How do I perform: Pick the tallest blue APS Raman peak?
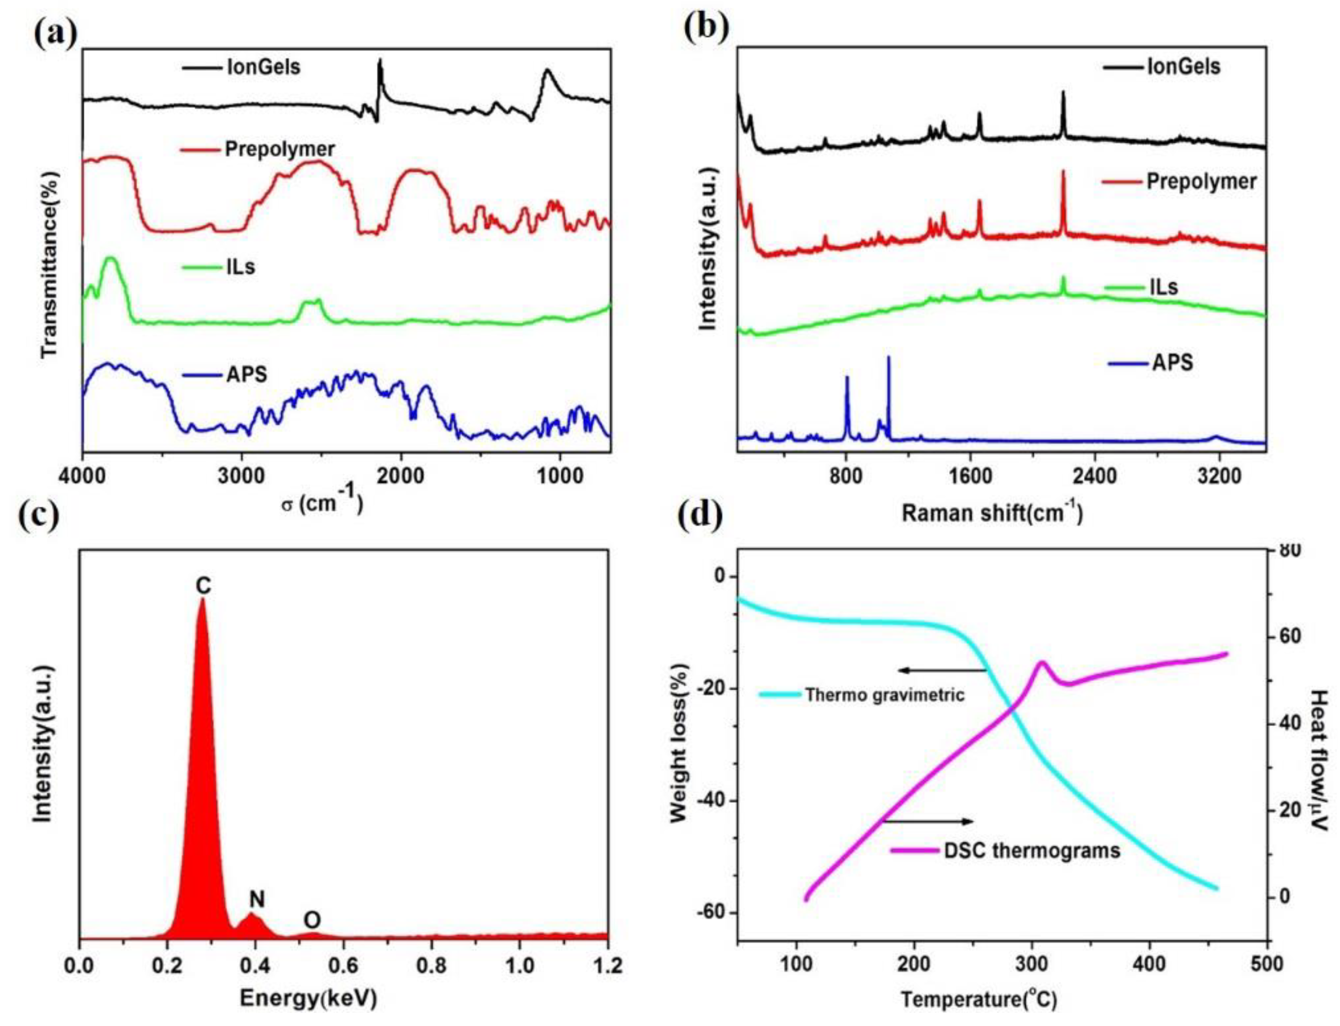point(888,358)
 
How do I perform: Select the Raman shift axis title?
point(992,513)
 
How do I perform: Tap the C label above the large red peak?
point(203,586)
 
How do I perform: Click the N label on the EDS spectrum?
point(257,898)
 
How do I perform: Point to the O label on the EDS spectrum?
point(312,920)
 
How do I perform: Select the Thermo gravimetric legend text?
point(884,695)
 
